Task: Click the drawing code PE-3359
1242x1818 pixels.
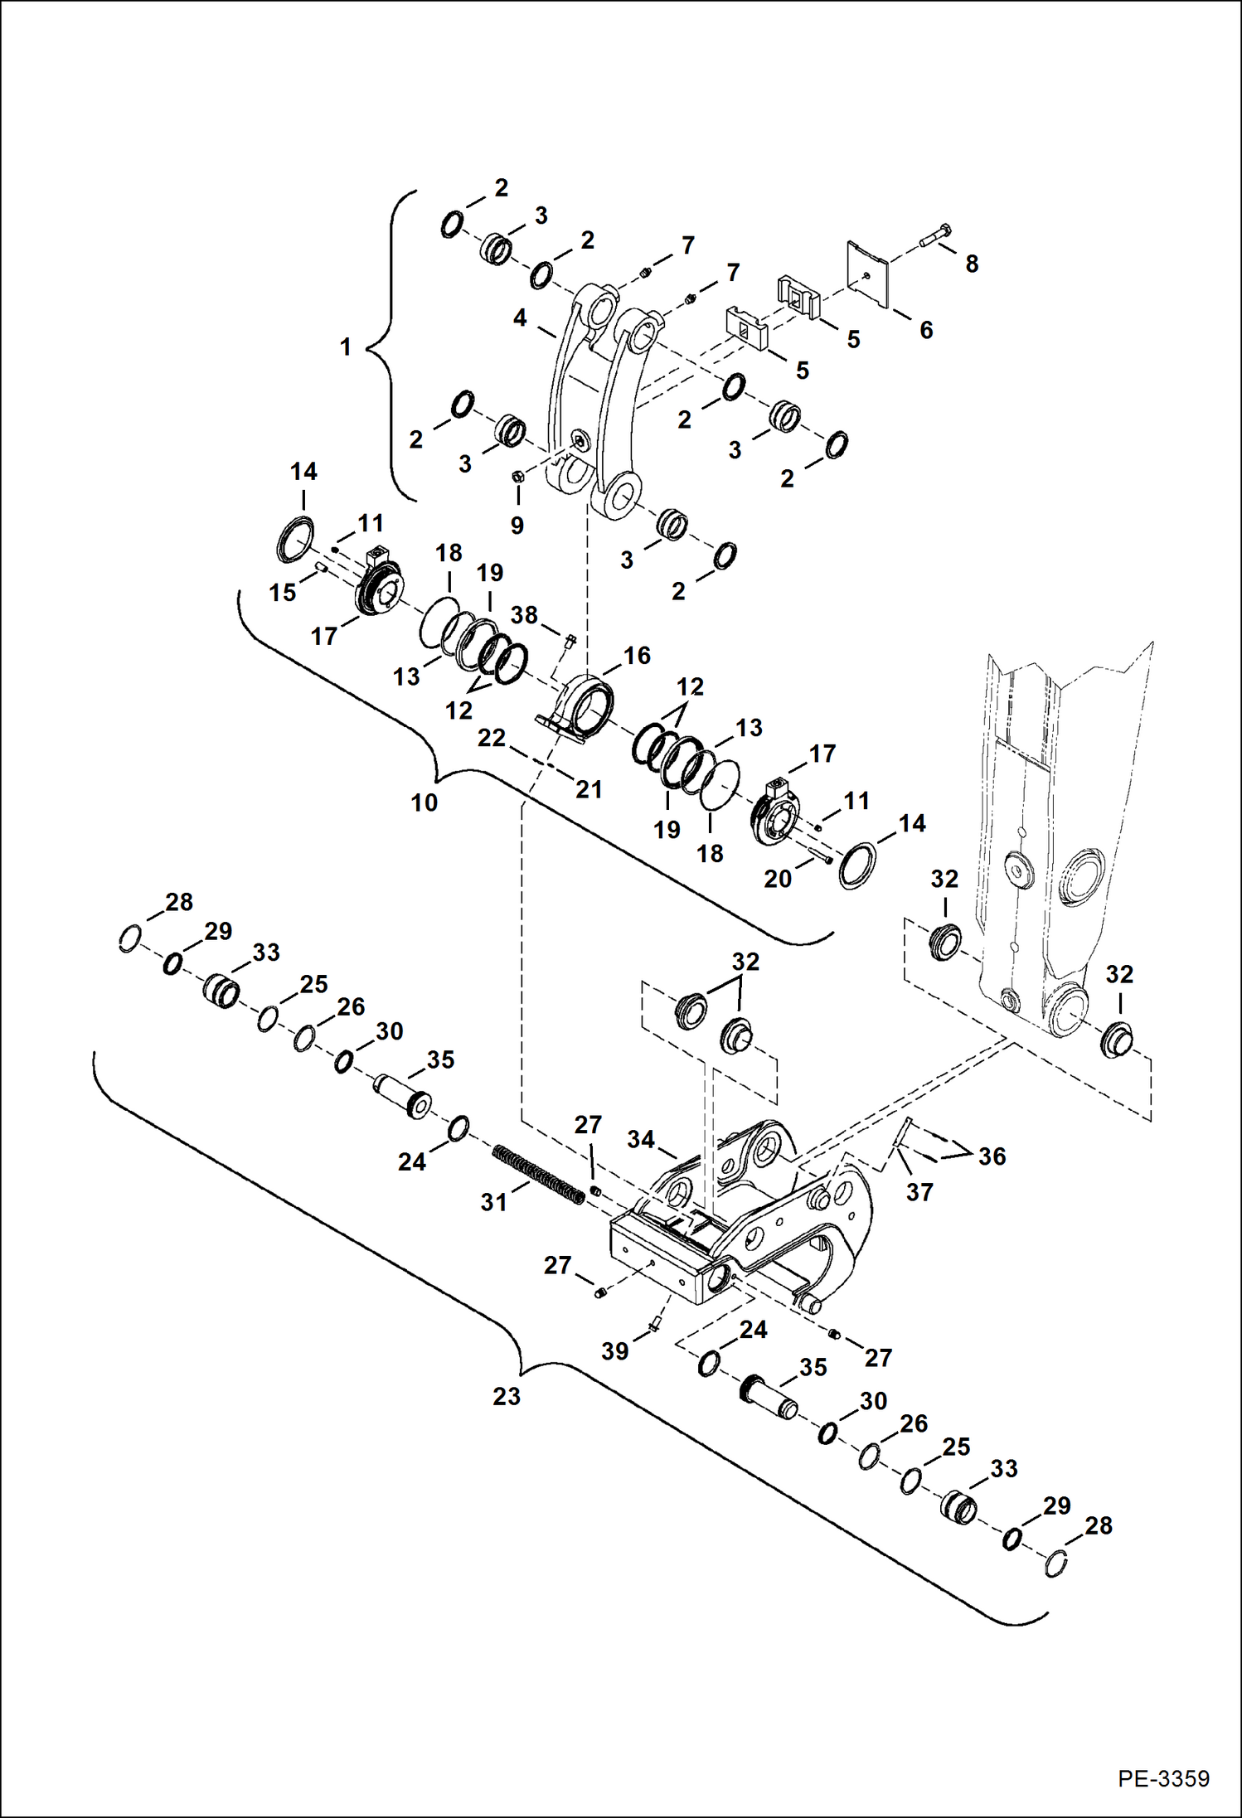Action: click(x=1162, y=1778)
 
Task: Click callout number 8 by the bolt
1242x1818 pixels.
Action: click(x=971, y=264)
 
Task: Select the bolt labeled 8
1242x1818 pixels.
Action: click(x=936, y=236)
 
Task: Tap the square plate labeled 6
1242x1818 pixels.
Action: click(x=867, y=273)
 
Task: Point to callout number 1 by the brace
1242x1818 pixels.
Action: click(x=346, y=347)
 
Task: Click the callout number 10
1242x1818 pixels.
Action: click(x=424, y=802)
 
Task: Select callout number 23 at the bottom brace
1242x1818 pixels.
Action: click(x=506, y=1396)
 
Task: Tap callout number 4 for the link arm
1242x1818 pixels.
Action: click(x=520, y=318)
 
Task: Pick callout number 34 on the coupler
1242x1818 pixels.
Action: click(x=640, y=1139)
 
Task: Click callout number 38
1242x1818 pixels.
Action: click(x=523, y=615)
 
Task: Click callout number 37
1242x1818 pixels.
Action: click(x=919, y=1191)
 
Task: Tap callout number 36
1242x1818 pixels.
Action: click(x=992, y=1156)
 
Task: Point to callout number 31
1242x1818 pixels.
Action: click(x=493, y=1201)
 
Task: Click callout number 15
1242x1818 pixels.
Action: click(x=282, y=592)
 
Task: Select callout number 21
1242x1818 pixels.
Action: click(x=589, y=789)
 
